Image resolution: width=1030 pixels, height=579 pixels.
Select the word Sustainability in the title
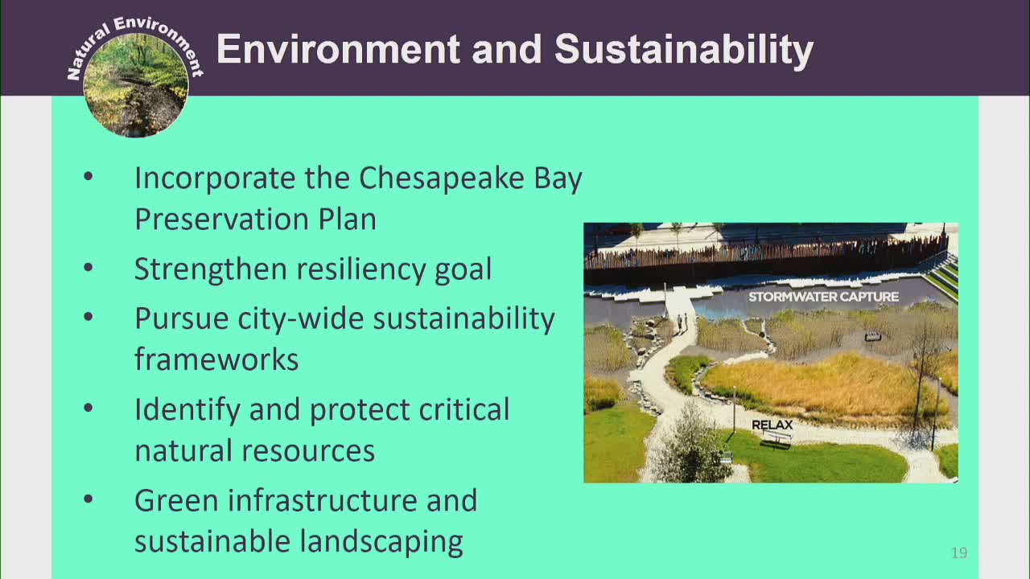(x=683, y=51)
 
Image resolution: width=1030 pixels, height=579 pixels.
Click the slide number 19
(x=958, y=552)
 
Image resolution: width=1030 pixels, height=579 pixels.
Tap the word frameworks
(x=216, y=359)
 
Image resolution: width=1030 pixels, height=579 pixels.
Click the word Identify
(x=187, y=409)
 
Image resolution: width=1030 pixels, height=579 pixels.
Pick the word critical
(x=464, y=409)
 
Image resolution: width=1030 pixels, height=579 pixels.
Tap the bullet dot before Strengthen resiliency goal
(x=89, y=269)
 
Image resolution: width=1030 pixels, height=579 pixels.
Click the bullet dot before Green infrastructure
(x=89, y=499)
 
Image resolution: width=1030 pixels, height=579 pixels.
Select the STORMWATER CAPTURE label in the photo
(x=823, y=297)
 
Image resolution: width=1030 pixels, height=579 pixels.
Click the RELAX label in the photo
(x=772, y=425)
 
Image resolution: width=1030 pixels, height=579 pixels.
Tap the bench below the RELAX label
(x=777, y=438)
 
